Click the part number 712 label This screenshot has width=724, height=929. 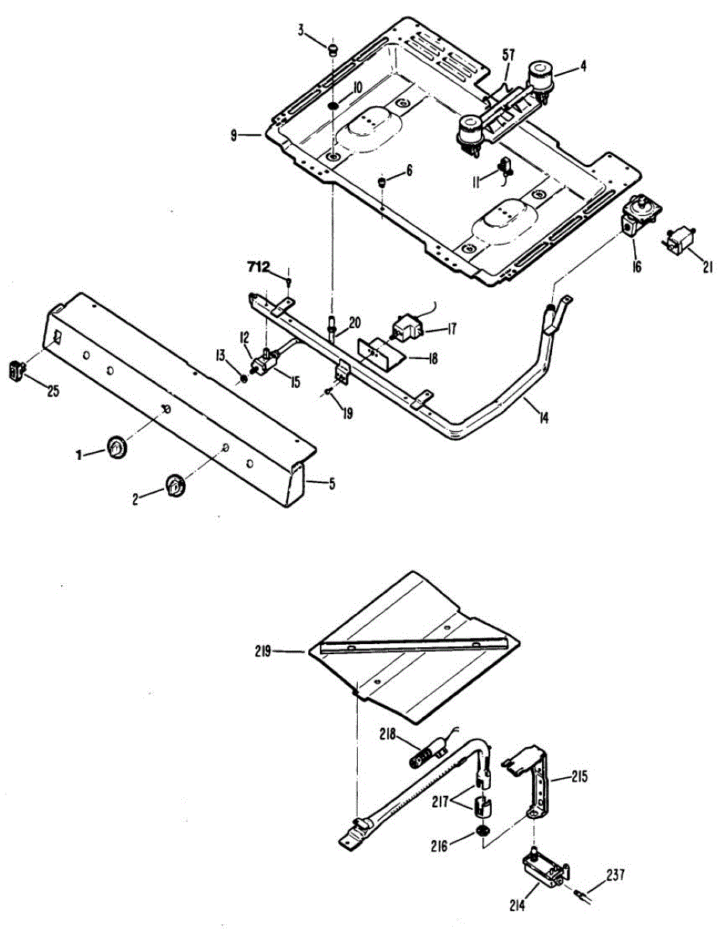click(x=258, y=267)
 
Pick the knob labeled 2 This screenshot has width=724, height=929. click(x=174, y=486)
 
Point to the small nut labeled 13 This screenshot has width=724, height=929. click(x=244, y=378)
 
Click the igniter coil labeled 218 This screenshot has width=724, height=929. click(x=426, y=752)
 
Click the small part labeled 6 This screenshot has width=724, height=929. click(x=382, y=182)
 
